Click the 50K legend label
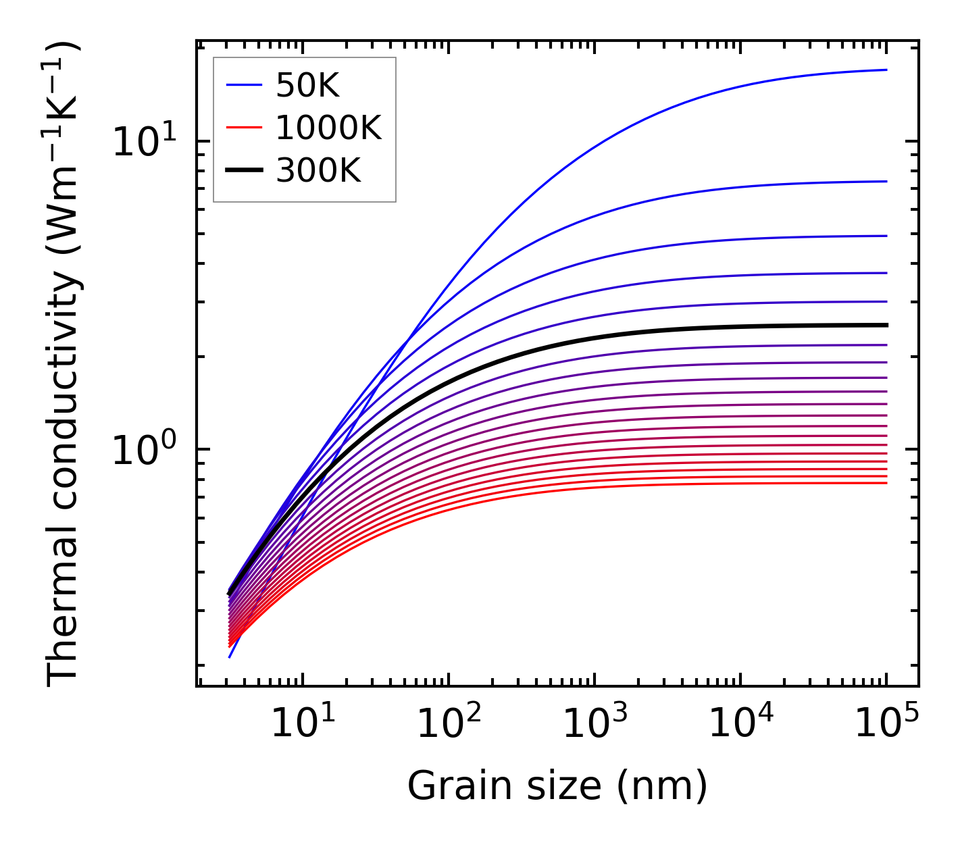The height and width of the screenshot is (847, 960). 307,86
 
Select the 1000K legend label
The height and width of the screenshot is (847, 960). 328,128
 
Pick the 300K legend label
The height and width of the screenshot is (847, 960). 318,172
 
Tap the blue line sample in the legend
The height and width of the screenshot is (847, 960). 244,86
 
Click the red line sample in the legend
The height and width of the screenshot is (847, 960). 244,128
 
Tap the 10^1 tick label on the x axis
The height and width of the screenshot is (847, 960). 302,724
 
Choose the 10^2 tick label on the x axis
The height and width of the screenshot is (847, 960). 449,724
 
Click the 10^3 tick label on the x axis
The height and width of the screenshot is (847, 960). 595,724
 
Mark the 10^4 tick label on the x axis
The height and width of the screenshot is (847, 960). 740,724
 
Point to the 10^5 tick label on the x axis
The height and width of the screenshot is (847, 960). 886,724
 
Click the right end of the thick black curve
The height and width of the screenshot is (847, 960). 886,325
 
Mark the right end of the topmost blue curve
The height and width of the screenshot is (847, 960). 886,70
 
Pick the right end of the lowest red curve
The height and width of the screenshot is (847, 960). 886,482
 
